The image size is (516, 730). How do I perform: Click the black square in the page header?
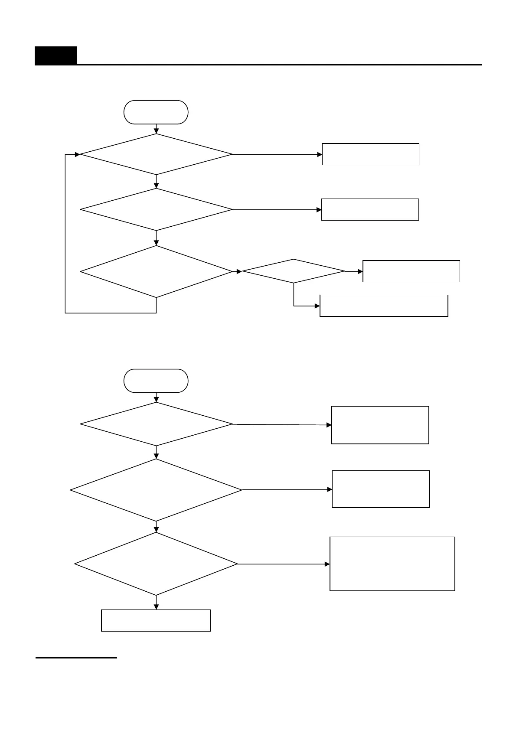(x=56, y=55)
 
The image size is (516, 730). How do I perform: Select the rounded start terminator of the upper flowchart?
(x=156, y=112)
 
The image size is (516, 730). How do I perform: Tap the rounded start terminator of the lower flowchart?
(x=156, y=381)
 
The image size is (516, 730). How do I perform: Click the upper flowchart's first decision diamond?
(x=156, y=154)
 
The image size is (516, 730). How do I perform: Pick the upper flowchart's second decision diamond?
(x=156, y=209)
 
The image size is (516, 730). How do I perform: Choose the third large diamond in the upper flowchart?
(x=156, y=272)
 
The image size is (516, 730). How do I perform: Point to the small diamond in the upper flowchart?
(x=294, y=271)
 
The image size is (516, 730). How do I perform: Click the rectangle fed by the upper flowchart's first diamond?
(x=370, y=154)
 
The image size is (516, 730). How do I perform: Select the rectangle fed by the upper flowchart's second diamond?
(x=370, y=209)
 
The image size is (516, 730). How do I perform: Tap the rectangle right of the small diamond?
(x=411, y=271)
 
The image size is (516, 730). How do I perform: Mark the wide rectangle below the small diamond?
(x=384, y=306)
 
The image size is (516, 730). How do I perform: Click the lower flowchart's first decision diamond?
(x=156, y=424)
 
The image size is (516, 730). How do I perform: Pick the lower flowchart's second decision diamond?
(x=156, y=490)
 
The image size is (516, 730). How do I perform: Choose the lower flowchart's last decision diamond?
(x=156, y=564)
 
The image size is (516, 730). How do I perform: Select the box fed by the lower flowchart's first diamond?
(x=380, y=425)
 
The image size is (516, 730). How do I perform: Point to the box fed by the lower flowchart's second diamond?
(x=381, y=489)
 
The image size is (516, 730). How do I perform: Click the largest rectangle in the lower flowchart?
(x=392, y=564)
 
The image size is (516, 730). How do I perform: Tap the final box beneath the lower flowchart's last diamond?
(x=156, y=620)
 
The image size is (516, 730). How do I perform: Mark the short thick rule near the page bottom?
(x=76, y=658)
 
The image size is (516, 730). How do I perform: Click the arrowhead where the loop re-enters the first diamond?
(x=78, y=154)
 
